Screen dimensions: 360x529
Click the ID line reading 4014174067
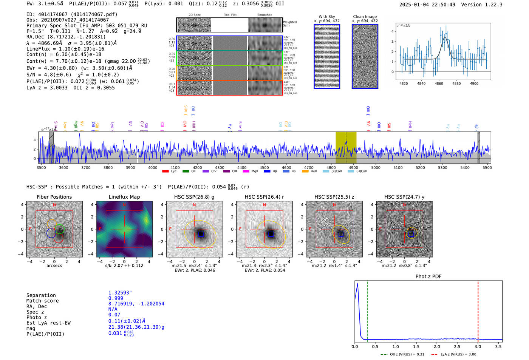pyautogui.click(x=72, y=14)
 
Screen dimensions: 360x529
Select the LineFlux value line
pyautogui.click(x=65, y=49)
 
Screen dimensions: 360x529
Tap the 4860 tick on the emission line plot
pyautogui.click(x=439, y=83)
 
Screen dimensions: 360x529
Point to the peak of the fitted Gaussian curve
pyautogui.click(x=445, y=38)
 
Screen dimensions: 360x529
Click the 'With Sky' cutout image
pyautogui.click(x=327, y=56)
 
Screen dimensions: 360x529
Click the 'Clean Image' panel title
pyautogui.click(x=365, y=17)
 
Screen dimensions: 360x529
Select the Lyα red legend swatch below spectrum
pyautogui.click(x=165, y=171)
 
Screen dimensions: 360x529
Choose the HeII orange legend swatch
pyautogui.click(x=305, y=171)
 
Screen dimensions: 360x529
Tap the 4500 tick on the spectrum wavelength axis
pyautogui.click(x=264, y=167)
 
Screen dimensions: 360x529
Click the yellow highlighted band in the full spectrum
pyautogui.click(x=346, y=148)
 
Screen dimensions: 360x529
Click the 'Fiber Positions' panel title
pyautogui.click(x=54, y=197)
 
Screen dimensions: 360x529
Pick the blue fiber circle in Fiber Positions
pyautogui.click(x=51, y=233)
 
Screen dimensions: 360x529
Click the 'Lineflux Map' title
pyautogui.click(x=124, y=197)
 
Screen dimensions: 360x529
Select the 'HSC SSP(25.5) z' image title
pyautogui.click(x=334, y=197)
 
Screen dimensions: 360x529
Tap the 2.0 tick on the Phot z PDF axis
pyautogui.click(x=437, y=346)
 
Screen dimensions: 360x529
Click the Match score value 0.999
pyautogui.click(x=116, y=298)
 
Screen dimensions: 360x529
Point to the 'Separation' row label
pyautogui.click(x=41, y=295)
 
